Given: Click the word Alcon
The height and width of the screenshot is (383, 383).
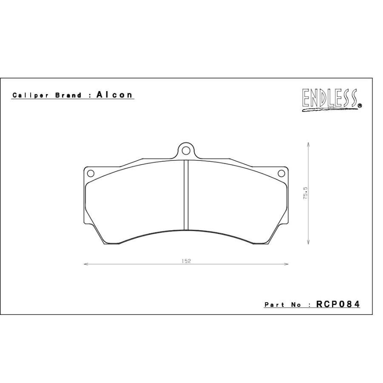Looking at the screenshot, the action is [x=114, y=94].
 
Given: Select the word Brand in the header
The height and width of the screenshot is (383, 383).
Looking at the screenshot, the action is [x=68, y=95].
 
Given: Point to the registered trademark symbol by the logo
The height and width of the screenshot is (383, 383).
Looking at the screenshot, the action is [x=360, y=106].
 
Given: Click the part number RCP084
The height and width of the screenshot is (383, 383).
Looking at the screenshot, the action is [x=338, y=304].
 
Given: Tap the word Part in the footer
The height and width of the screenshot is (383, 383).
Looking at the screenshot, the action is [x=274, y=305].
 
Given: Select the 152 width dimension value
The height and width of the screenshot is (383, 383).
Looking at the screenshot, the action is [x=186, y=261].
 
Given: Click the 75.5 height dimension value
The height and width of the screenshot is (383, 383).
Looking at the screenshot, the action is [x=306, y=193].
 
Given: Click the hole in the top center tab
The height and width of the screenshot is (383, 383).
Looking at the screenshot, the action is [x=186, y=151].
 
